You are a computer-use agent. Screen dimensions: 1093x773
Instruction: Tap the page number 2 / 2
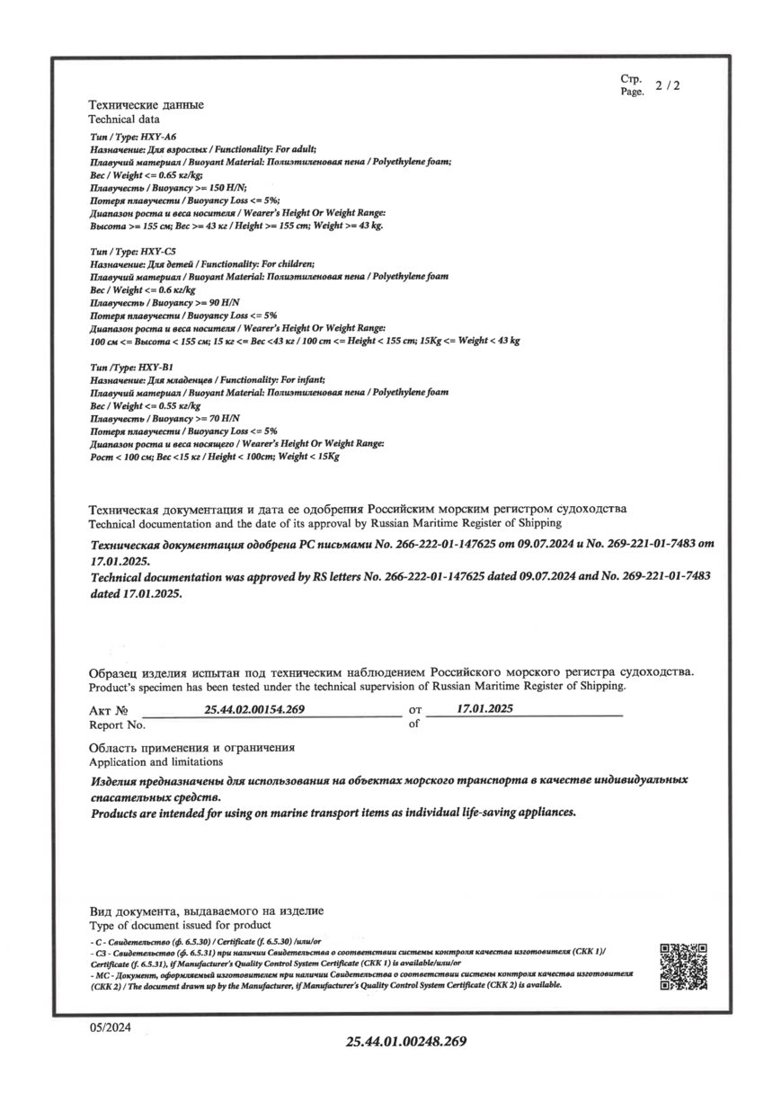coord(668,86)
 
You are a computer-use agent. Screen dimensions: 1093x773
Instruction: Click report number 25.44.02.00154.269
coord(255,709)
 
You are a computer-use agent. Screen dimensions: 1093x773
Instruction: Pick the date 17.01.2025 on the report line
coord(484,708)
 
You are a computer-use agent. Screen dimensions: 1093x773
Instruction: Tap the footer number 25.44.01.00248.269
coord(407,1042)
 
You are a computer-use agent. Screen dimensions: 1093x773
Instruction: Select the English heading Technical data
coord(124,119)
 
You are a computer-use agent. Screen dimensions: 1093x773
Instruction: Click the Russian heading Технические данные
coord(146,105)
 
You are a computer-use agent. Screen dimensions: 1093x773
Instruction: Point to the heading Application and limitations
coord(152,761)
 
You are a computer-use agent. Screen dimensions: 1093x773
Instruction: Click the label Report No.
coord(117,724)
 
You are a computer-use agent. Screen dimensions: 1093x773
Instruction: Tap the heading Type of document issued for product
coord(180,925)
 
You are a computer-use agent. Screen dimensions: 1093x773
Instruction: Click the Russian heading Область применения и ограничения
coord(191,748)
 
